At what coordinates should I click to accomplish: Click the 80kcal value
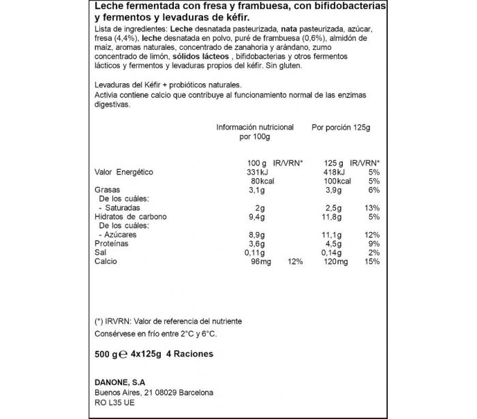248,182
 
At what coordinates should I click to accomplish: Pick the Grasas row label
107,190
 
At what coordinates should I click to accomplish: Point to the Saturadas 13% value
372,207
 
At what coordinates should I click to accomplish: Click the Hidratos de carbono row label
131,217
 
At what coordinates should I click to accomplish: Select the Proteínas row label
111,244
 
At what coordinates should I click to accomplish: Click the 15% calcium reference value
372,262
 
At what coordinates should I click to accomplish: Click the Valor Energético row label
123,172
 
